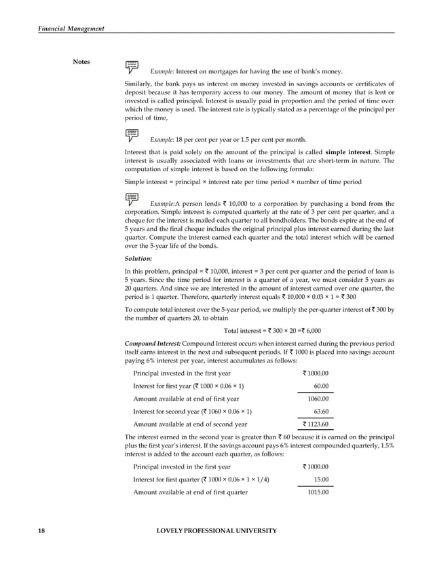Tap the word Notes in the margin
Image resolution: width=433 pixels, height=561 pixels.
(83, 62)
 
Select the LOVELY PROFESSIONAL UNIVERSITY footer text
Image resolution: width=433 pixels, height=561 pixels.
(216, 530)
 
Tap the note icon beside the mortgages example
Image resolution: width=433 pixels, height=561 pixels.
(132, 66)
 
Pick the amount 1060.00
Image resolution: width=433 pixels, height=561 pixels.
(318, 399)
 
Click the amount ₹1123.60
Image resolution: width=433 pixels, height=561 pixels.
(316, 424)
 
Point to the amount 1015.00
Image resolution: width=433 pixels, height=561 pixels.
(318, 492)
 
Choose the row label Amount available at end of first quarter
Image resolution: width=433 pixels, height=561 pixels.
(190, 492)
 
